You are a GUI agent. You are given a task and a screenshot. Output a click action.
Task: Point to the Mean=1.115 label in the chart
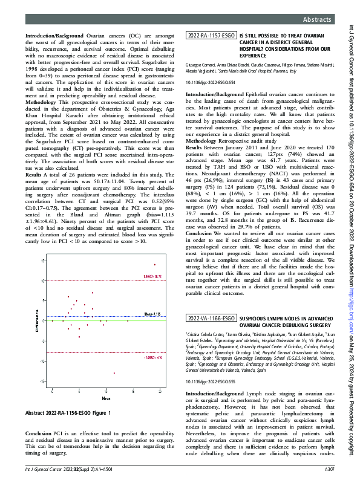151,314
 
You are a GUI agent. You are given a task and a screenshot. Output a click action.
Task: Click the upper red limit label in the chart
151,276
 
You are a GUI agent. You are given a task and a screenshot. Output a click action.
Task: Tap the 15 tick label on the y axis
43,261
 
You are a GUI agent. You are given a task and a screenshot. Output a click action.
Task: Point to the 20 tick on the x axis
159,409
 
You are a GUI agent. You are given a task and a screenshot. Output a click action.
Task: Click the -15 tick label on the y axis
42,398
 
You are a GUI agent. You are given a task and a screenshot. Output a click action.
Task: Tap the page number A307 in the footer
329,469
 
